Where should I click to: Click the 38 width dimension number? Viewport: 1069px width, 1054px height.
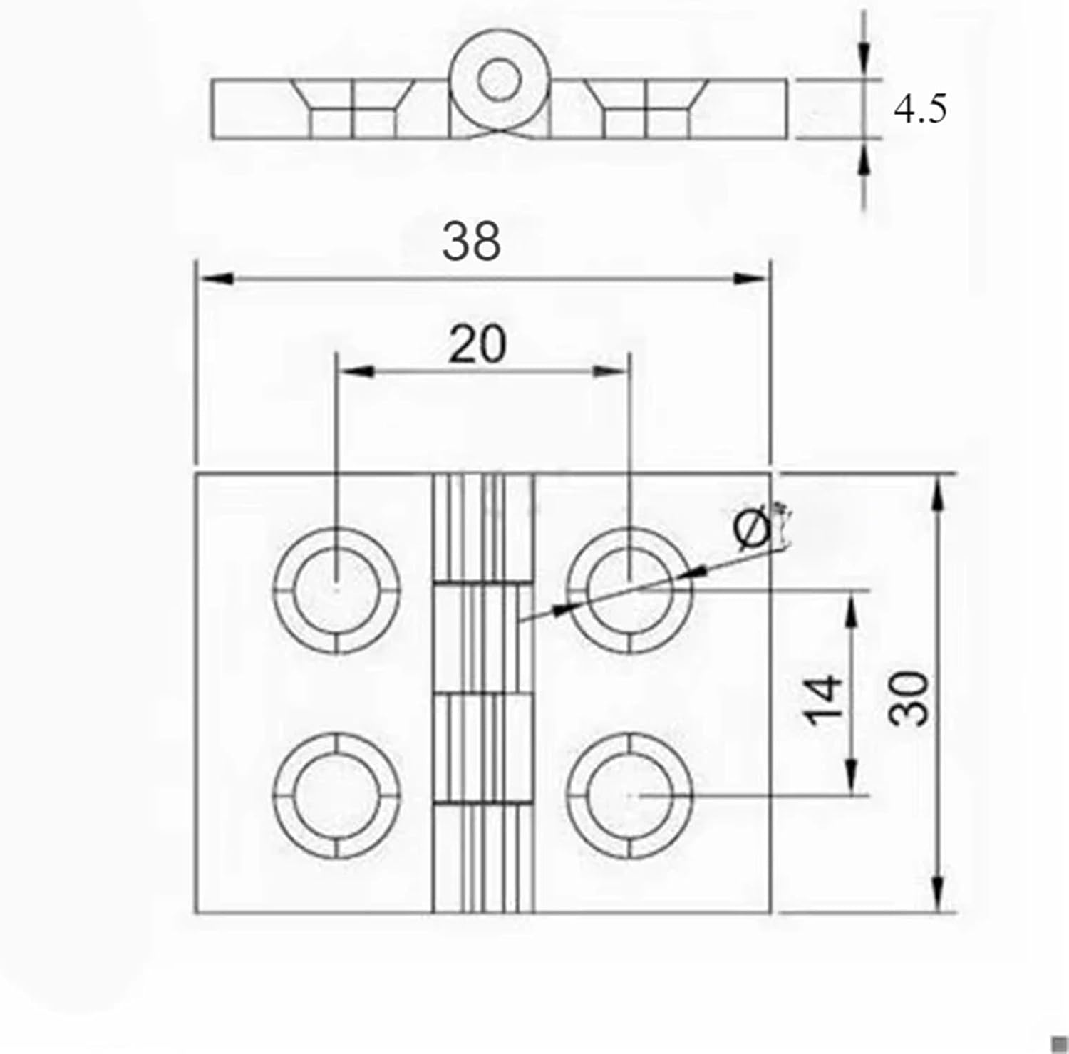click(x=471, y=242)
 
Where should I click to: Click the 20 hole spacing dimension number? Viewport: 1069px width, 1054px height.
click(x=477, y=345)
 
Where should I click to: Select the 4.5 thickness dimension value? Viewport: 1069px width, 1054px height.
click(x=920, y=110)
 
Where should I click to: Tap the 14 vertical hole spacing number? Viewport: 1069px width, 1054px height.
click(x=824, y=701)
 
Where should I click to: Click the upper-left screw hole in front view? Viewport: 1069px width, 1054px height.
click(x=336, y=590)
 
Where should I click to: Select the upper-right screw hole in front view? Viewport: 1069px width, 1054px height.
click(x=630, y=590)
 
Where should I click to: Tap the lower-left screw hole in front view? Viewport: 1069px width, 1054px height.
click(x=336, y=795)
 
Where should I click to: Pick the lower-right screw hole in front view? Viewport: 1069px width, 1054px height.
click(x=630, y=795)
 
